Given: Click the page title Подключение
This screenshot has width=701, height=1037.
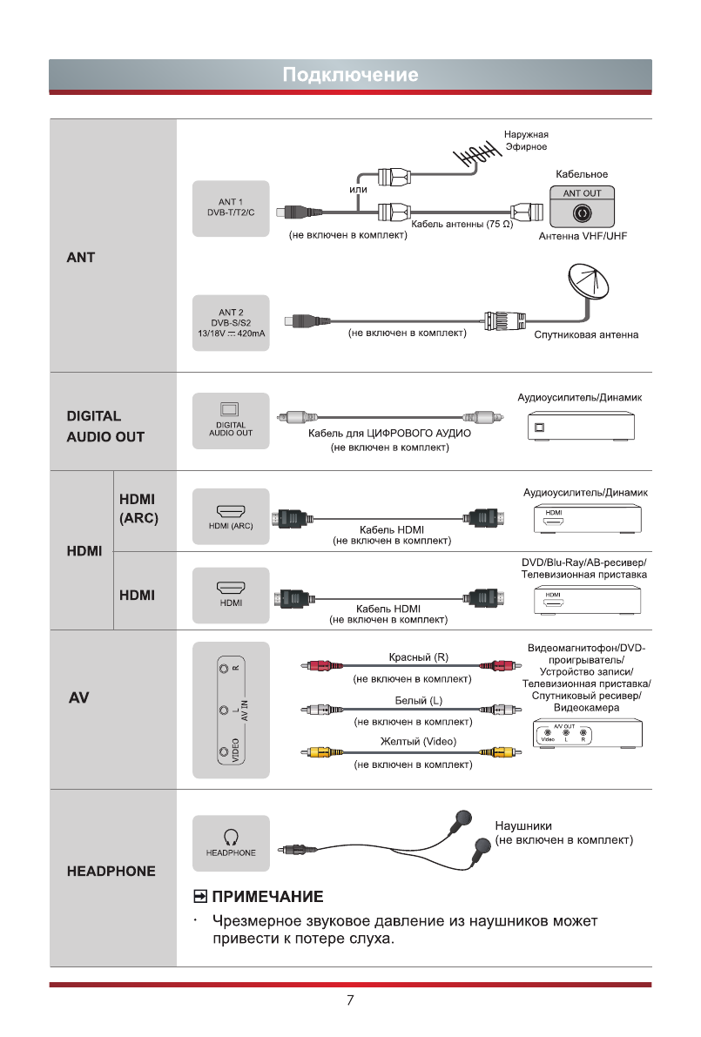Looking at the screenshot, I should tap(350, 75).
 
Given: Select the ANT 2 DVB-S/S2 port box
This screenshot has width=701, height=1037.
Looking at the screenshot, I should tap(231, 321).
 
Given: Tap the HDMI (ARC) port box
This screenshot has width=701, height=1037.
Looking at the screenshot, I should tap(231, 518).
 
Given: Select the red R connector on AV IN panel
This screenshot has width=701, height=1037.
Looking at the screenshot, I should tap(226, 668).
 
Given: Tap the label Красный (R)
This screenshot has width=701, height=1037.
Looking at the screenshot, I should tap(418, 657).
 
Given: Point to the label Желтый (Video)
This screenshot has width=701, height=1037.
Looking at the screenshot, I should tap(418, 742).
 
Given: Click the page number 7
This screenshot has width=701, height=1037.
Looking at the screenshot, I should tap(350, 1000).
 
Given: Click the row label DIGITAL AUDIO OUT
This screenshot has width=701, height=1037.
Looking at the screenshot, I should tap(105, 427).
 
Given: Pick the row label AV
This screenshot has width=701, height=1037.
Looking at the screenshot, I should tap(79, 698).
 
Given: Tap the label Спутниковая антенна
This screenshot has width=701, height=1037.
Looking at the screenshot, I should tap(586, 335).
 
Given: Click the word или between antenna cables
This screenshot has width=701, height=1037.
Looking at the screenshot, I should tap(358, 189).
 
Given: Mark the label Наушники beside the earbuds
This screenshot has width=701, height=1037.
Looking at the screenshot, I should tap(523, 825).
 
